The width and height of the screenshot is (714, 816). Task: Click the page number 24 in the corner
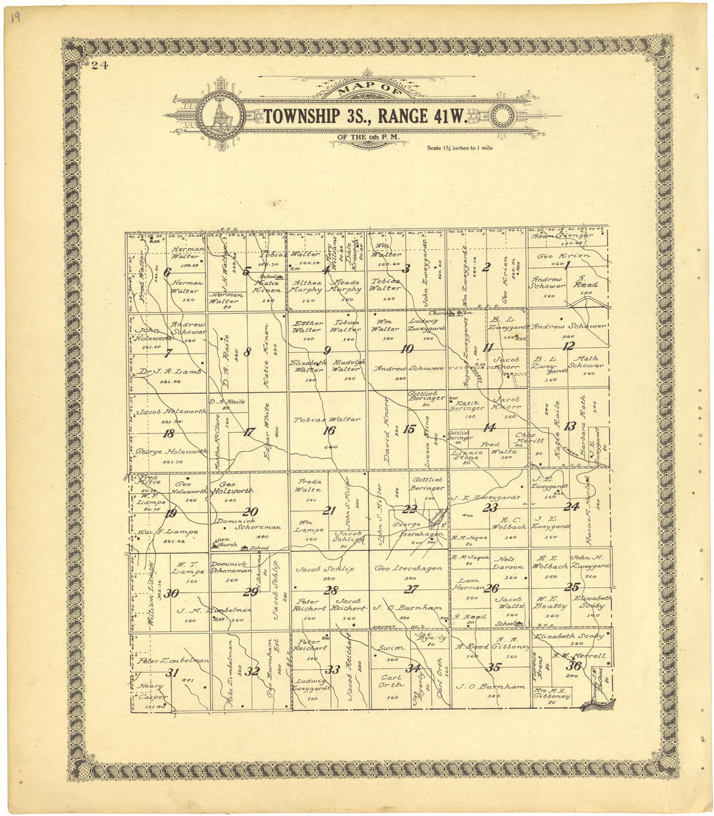click(x=99, y=64)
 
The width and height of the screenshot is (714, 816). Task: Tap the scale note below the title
click(x=460, y=148)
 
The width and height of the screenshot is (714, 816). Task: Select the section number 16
click(x=329, y=430)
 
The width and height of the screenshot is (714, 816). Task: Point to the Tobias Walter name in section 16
click(x=326, y=419)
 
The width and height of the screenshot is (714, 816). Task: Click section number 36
click(x=573, y=666)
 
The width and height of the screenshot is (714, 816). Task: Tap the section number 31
click(x=172, y=673)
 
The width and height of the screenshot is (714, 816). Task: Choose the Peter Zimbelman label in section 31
click(x=173, y=661)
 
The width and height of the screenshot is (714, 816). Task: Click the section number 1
click(x=567, y=265)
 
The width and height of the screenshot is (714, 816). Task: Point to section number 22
click(x=409, y=509)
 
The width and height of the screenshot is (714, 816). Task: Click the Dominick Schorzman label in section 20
click(x=249, y=527)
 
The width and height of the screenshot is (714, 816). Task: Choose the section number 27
click(x=411, y=589)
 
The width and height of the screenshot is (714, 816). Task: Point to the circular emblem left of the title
click(x=221, y=117)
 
